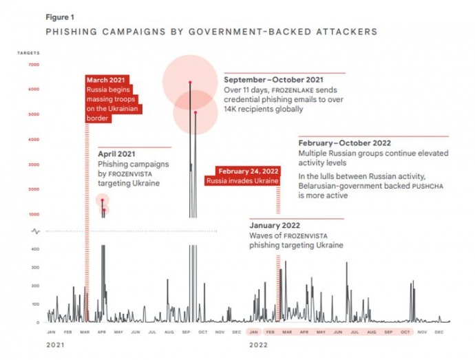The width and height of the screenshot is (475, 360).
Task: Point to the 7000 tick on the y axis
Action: click(34, 65)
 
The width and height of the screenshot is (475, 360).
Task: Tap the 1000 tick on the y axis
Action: click(34, 214)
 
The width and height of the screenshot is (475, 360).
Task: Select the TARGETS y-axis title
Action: click(29, 52)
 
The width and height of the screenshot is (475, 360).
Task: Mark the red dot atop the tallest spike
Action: click(189, 83)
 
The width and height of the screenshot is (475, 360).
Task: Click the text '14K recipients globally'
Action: click(263, 109)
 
